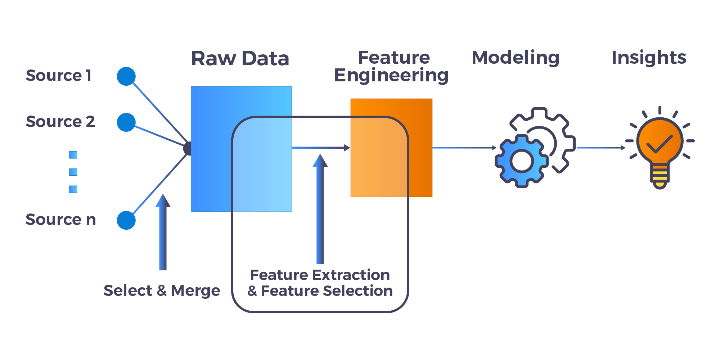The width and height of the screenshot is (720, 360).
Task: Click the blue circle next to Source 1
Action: pyautogui.click(x=126, y=76)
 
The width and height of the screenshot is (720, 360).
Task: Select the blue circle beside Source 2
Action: pyautogui.click(x=126, y=122)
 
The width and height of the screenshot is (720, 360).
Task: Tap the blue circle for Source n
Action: pyautogui.click(x=126, y=220)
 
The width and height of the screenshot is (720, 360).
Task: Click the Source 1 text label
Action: pyautogui.click(x=59, y=76)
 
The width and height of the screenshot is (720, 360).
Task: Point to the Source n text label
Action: pyautogui.click(x=60, y=220)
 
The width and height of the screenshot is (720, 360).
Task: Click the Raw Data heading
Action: pyautogui.click(x=240, y=58)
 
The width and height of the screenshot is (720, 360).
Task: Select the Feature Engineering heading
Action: pyautogui.click(x=392, y=66)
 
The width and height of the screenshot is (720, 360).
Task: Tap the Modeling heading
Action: pyautogui.click(x=515, y=58)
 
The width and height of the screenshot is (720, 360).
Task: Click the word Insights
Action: pyautogui.click(x=649, y=58)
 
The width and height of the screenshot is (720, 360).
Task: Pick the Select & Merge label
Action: pyautogui.click(x=162, y=291)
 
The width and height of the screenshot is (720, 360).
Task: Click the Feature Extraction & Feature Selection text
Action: pyautogui.click(x=320, y=283)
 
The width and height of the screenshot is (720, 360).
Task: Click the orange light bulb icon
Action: pyautogui.click(x=660, y=148)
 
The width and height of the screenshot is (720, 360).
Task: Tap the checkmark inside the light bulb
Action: pyautogui.click(x=660, y=144)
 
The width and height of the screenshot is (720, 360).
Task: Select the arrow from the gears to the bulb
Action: pyautogui.click(x=601, y=148)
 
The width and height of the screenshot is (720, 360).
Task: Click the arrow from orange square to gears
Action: pyautogui.click(x=464, y=148)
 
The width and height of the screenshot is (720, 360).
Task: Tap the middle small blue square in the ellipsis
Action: pyautogui.click(x=73, y=172)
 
